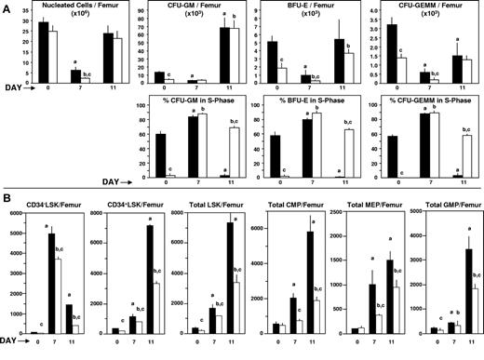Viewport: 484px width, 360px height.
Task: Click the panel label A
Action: click(x=7, y=8)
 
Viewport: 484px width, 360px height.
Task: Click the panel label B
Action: click(x=7, y=198)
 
